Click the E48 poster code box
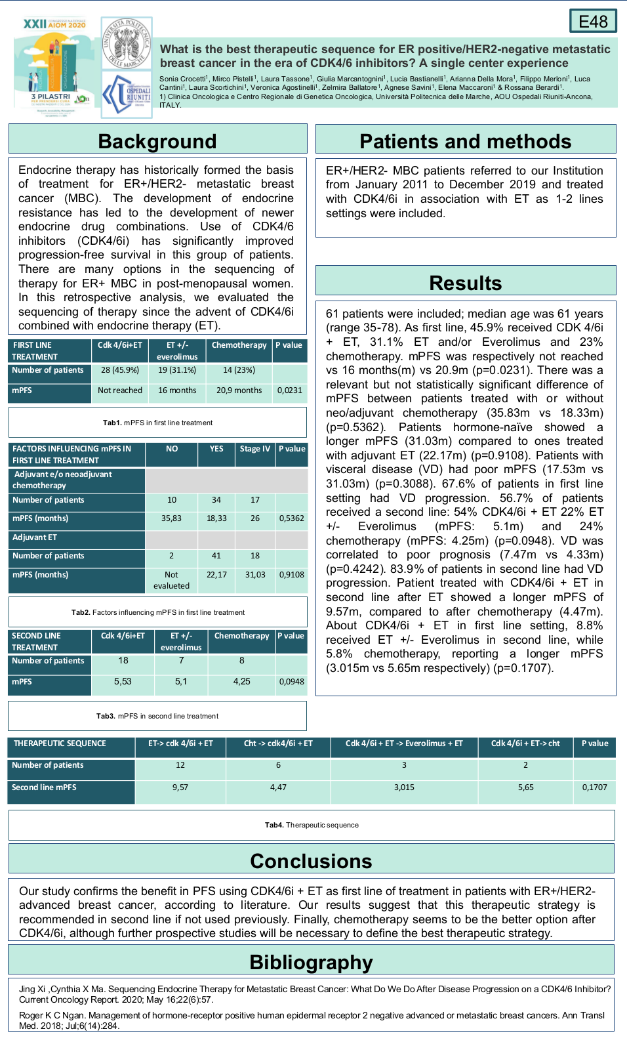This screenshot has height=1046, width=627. click(593, 21)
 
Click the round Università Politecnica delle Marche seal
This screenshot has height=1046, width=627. click(127, 43)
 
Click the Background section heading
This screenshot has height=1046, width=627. click(157, 141)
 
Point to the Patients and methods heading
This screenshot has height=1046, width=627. click(465, 141)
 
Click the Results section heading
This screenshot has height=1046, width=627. click(465, 283)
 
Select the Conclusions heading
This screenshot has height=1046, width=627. click(311, 861)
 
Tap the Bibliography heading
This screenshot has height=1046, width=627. click(311, 962)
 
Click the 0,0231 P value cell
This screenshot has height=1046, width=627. click(290, 390)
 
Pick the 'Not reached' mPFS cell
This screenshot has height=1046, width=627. click(120, 390)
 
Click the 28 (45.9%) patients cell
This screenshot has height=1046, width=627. click(120, 370)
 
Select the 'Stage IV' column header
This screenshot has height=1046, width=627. click(254, 449)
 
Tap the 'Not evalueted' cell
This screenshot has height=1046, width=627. click(171, 580)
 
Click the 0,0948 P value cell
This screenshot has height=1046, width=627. click(291, 682)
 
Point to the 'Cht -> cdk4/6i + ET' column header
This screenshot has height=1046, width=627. click(278, 743)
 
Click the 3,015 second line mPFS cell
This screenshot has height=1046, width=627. click(404, 787)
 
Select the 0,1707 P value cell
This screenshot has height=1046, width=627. click(594, 787)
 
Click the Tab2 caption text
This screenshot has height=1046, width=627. click(158, 612)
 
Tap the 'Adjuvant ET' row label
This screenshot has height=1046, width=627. click(35, 537)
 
